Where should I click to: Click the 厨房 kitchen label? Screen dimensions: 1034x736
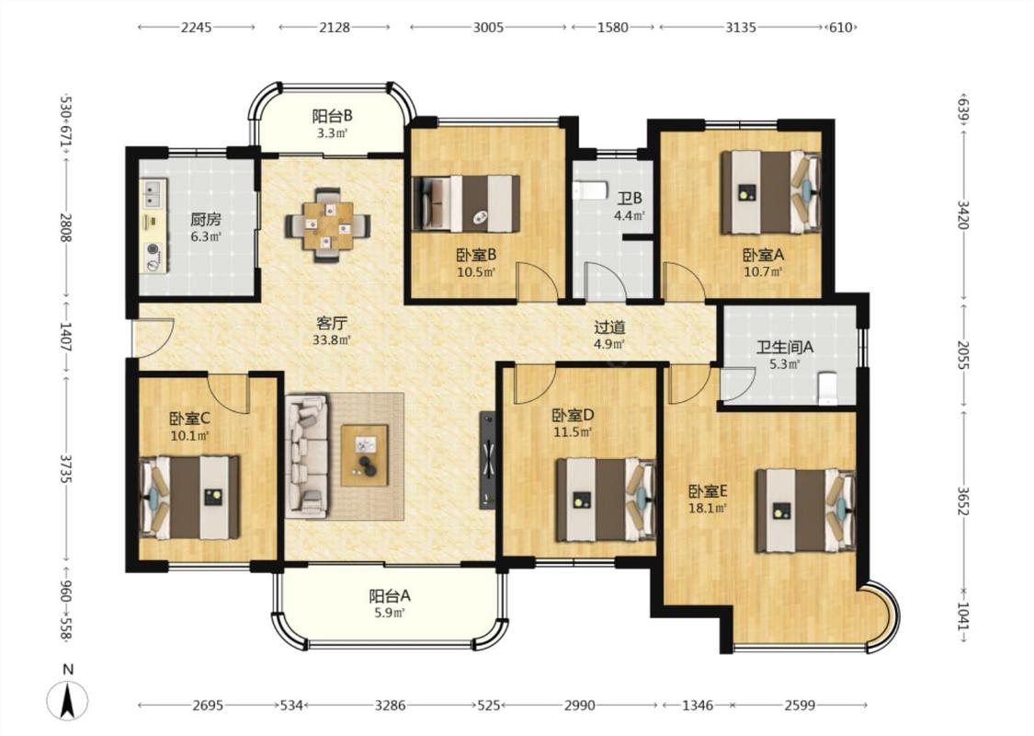point(206,219)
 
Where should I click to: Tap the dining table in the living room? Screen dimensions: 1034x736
point(327,225)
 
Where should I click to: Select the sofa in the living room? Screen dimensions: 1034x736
point(307,456)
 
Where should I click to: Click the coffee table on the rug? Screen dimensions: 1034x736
point(364,455)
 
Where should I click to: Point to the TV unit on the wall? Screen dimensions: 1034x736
point(487,459)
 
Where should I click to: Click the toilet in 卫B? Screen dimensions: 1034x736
point(590,190)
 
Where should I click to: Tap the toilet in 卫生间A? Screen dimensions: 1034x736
point(826,388)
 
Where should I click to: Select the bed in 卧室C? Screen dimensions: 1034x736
point(189,497)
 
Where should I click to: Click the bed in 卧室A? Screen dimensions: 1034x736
point(771,192)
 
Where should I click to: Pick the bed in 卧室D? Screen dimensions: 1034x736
point(606,500)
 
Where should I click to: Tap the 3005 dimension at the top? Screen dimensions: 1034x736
point(489,27)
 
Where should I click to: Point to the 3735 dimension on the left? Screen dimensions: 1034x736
point(65,468)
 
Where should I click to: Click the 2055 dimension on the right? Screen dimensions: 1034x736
point(963,355)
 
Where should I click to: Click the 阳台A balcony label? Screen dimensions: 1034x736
point(389,596)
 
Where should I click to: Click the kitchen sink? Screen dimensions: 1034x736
point(153,194)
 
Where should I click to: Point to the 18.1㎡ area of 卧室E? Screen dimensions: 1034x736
point(708,508)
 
